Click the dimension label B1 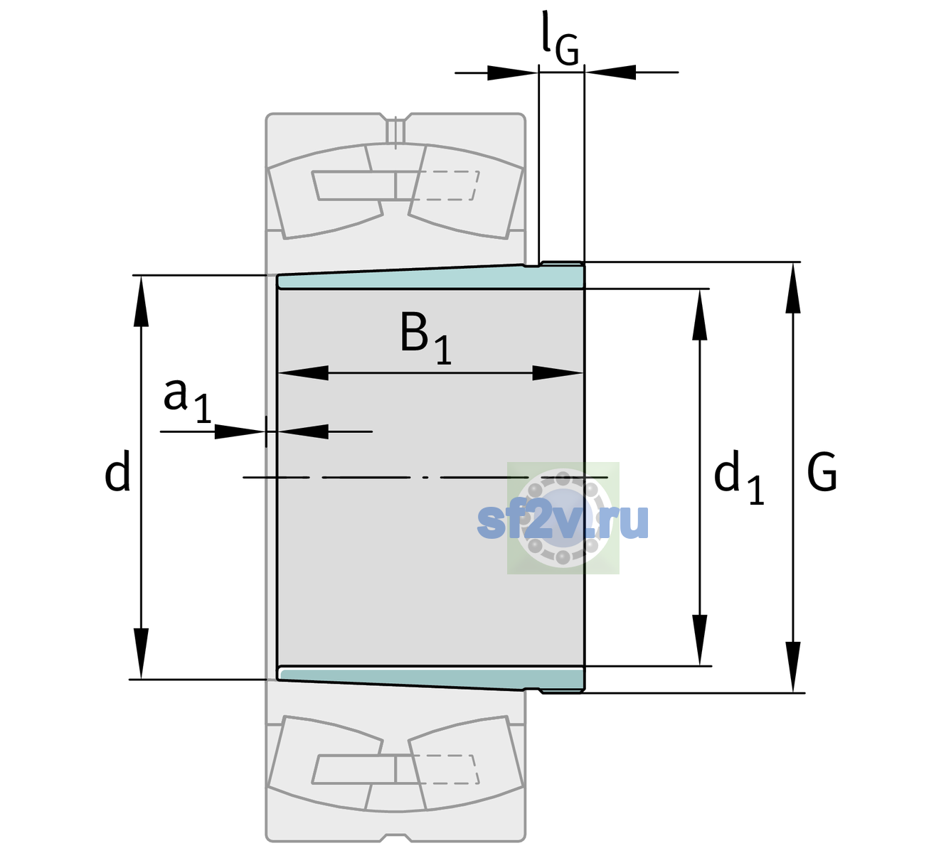pyautogui.click(x=425, y=338)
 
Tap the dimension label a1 pyautogui.click(x=187, y=401)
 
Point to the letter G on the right pyautogui.click(x=822, y=472)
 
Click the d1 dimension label pyautogui.click(x=738, y=476)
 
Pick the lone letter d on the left pyautogui.click(x=117, y=471)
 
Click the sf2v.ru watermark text pyautogui.click(x=563, y=521)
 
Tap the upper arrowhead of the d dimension pyautogui.click(x=141, y=301)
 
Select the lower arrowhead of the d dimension pyautogui.click(x=141, y=654)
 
